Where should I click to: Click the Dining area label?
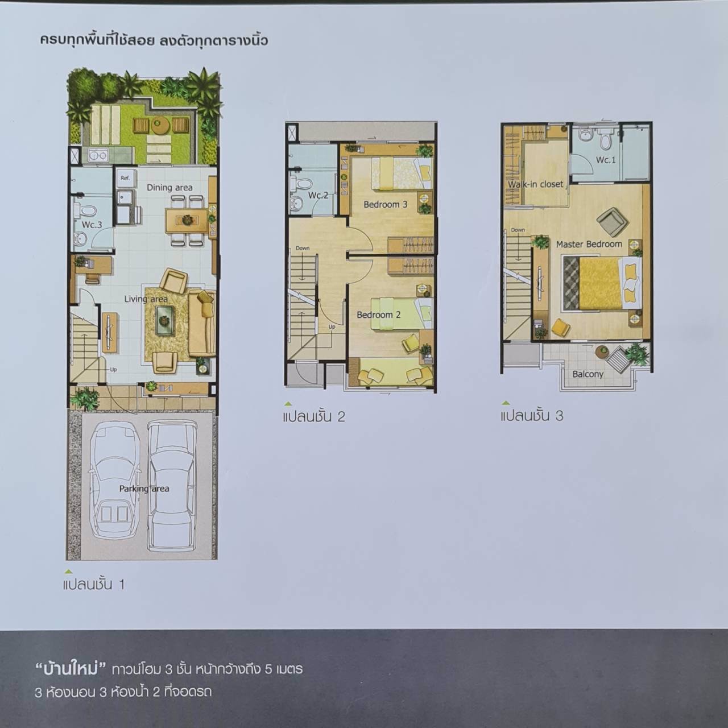169,187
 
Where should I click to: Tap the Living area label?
146,299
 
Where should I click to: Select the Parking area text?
144,489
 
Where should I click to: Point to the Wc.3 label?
92,225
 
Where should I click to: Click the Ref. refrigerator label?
125,177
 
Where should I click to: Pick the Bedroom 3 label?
386,204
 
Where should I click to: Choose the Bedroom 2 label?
379,315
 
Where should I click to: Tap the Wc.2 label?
318,195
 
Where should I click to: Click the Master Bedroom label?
589,244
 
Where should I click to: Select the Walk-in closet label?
535,184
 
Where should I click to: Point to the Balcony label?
588,374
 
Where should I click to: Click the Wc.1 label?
606,160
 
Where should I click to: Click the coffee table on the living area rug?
165,321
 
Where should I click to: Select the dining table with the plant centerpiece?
187,221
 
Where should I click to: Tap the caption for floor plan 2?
314,416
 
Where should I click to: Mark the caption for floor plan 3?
532,416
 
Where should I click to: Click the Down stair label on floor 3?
518,230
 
